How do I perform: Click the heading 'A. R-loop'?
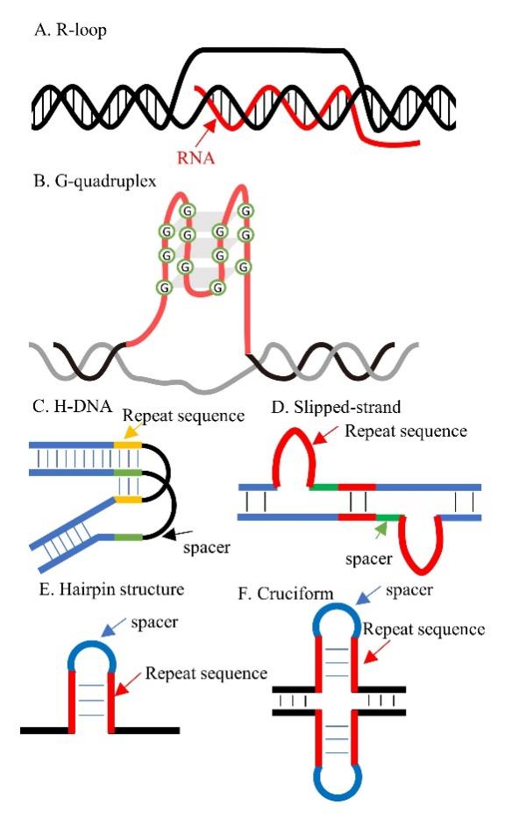[70, 30]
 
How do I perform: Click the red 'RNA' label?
[196, 157]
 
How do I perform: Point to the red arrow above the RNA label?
[206, 133]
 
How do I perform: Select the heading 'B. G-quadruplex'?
[95, 182]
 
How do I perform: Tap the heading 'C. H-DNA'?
[72, 406]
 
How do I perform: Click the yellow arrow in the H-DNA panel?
[135, 431]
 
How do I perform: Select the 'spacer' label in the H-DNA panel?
[207, 548]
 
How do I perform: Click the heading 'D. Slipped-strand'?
[336, 407]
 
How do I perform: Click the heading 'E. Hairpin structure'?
[112, 589]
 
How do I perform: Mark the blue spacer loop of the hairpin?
[92, 642]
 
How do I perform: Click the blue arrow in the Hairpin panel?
[113, 627]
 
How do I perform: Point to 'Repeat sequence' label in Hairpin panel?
[206, 673]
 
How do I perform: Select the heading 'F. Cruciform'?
[285, 594]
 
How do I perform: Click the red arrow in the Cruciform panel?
[376, 651]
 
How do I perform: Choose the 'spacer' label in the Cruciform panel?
[409, 591]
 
